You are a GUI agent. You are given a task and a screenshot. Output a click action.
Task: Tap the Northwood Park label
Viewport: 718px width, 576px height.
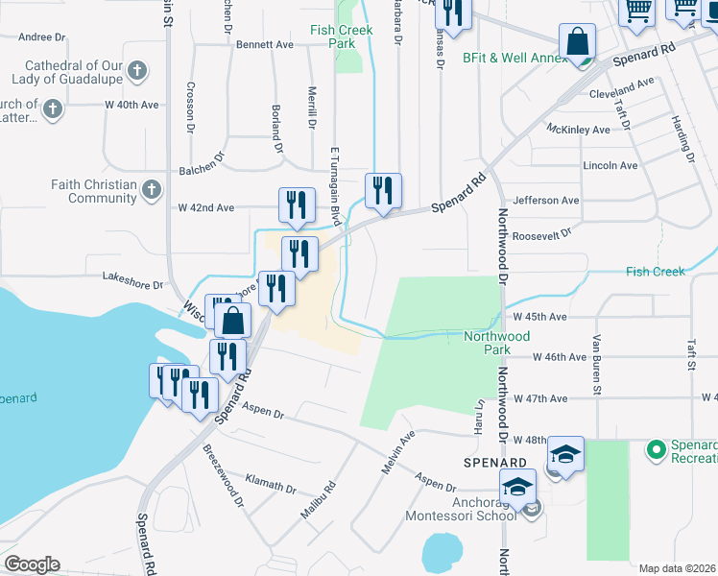[496, 343]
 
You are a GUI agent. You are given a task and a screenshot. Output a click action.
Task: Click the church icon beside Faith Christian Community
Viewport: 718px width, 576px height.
[151, 191]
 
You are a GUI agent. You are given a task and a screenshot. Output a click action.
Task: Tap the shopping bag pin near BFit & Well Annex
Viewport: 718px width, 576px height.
[579, 43]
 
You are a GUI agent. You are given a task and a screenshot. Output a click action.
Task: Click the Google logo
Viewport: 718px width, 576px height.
[32, 564]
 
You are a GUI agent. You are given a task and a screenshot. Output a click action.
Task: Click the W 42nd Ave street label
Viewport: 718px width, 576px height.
[206, 207]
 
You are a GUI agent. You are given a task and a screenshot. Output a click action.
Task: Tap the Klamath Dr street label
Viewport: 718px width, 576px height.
[271, 482]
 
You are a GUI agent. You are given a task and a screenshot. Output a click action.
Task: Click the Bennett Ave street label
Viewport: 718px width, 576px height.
[264, 45]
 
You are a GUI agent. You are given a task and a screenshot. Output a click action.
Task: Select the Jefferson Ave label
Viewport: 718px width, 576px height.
[546, 201]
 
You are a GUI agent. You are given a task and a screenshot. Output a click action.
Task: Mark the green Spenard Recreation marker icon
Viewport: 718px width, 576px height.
[657, 448]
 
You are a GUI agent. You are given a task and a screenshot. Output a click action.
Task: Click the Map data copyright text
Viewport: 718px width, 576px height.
[677, 568]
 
